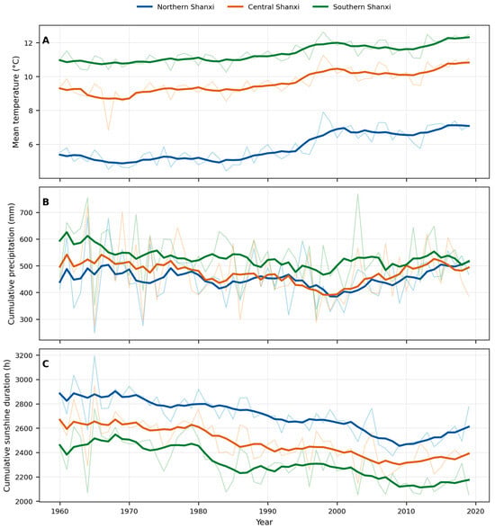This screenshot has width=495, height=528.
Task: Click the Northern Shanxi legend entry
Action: [175, 6]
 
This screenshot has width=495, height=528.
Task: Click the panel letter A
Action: [46, 40]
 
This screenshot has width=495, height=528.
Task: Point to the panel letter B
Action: [46, 202]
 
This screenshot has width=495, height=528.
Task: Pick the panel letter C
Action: [46, 364]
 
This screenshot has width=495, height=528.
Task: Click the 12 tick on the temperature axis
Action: [30, 43]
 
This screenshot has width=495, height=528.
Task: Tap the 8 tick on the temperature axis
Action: [31, 111]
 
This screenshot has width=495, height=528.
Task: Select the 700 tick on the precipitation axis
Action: [27, 213]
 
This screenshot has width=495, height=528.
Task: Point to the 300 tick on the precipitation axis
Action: [27, 319]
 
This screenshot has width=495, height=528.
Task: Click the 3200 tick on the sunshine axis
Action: [25, 355]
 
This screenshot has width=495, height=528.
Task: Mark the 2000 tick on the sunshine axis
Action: [25, 501]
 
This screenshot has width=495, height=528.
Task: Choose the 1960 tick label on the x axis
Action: [60, 511]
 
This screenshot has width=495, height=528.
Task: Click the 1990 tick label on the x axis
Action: [268, 511]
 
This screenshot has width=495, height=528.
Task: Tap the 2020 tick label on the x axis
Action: [476, 511]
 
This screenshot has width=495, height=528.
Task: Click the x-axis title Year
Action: [265, 523]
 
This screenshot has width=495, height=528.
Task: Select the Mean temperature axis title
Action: [16, 102]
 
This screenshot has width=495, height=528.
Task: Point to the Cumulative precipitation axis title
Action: [12, 264]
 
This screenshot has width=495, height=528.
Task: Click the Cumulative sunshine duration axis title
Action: [6, 425]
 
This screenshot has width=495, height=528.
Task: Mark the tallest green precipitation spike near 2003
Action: [357, 194]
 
